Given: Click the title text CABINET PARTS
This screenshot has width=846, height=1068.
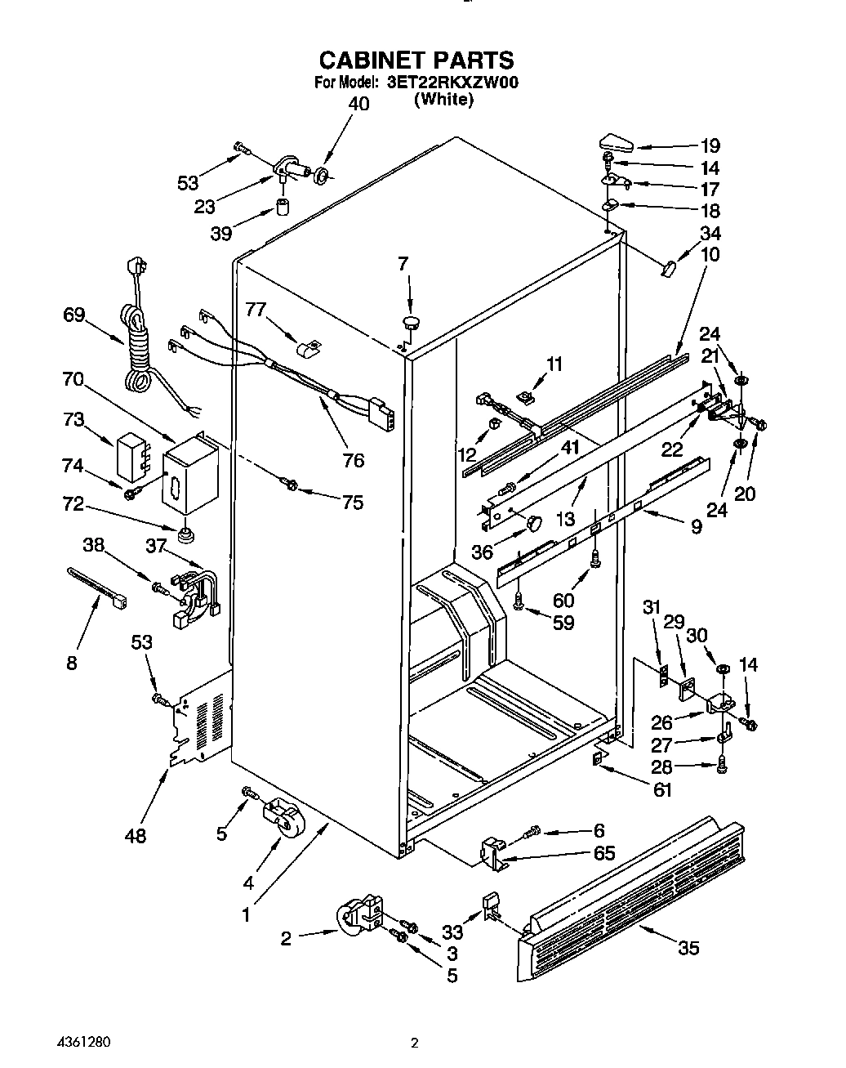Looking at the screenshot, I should pos(416,60).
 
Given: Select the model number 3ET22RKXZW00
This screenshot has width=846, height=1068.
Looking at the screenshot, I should pos(452,83).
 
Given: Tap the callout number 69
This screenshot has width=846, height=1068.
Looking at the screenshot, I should pos(74,315).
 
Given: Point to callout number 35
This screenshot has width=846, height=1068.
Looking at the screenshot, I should pos(688,948).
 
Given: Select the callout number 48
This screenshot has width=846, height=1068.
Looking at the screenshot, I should pos(136,835).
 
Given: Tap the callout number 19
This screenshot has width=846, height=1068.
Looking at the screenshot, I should pos(709,146).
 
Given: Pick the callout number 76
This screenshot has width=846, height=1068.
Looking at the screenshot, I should pos(354,461).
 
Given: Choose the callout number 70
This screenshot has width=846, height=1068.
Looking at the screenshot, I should pos(74,378).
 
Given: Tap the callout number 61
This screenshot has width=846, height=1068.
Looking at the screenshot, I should pos(662,790).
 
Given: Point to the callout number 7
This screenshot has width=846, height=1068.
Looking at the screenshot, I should pos(403,264).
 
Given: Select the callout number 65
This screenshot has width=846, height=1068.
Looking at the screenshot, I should pos(603,853).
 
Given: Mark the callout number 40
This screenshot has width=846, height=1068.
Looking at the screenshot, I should pos(358,104).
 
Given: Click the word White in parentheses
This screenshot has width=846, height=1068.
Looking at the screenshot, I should pos(443,100).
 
